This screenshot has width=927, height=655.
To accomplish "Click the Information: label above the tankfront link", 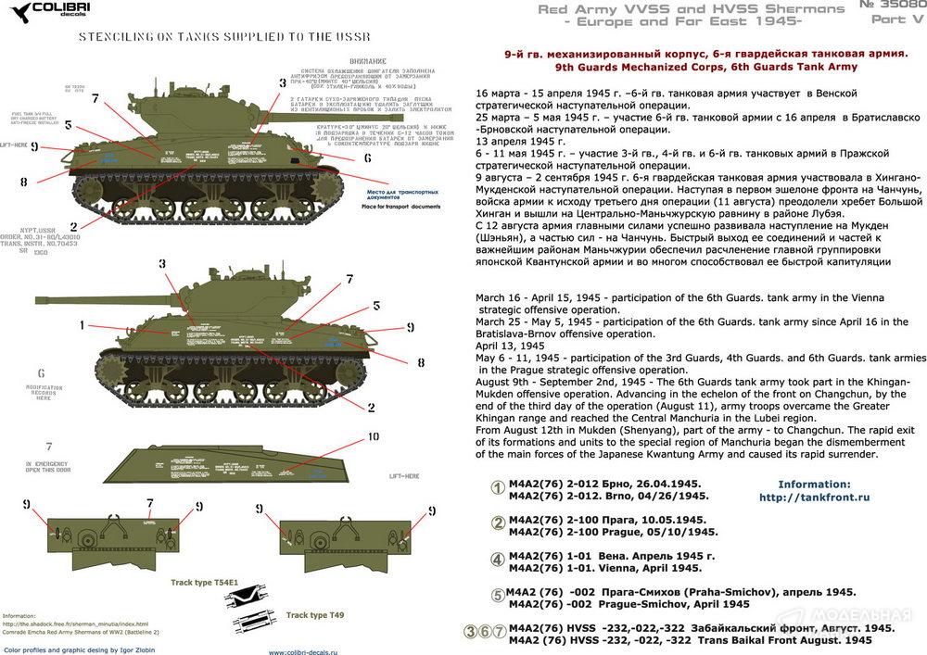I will (814, 484).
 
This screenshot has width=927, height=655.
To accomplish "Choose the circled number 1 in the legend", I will (497, 489).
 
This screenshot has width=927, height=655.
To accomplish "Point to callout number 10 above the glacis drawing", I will (372, 436).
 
